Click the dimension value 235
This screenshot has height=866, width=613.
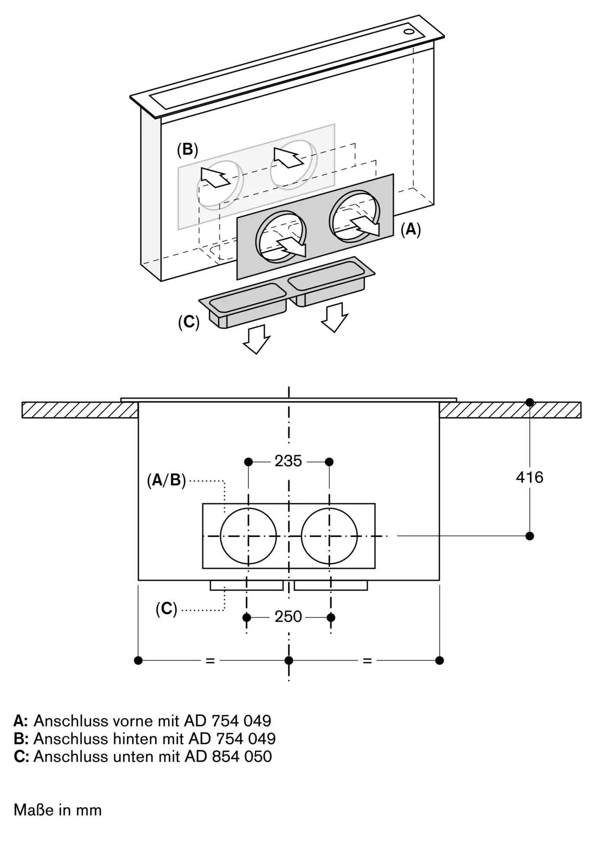pyautogui.click(x=288, y=461)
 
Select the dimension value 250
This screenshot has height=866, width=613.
pyautogui.click(x=288, y=617)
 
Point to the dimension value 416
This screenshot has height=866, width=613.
pyautogui.click(x=529, y=478)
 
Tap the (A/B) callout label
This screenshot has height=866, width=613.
pyautogui.click(x=166, y=480)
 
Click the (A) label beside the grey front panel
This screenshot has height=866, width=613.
pyautogui.click(x=411, y=229)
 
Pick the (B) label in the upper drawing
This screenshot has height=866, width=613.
pyautogui.click(x=187, y=150)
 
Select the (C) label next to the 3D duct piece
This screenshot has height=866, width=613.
pyautogui.click(x=189, y=322)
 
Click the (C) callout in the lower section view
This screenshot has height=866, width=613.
pyautogui.click(x=167, y=610)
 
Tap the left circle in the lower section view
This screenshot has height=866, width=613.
pyautogui.click(x=248, y=536)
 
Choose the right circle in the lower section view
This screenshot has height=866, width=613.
pyautogui.click(x=329, y=536)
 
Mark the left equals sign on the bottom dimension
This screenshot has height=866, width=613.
pyautogui.click(x=210, y=661)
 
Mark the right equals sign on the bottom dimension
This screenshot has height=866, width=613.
pyautogui.click(x=367, y=661)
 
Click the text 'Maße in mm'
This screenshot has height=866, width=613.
pyautogui.click(x=58, y=810)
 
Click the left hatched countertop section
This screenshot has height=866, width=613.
pyautogui.click(x=80, y=410)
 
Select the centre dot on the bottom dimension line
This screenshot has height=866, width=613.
pyautogui.click(x=289, y=660)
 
